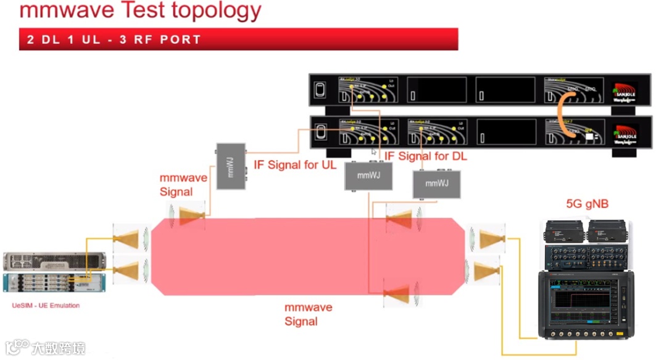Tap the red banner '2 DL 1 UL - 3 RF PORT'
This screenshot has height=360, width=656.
114,40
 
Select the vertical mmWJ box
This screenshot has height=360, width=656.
231,165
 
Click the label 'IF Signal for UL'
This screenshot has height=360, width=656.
296,165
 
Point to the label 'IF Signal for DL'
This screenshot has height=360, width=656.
426,156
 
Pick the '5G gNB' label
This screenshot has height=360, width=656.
586,204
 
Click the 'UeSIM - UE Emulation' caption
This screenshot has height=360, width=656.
46,305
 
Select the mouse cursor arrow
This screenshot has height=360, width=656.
374,152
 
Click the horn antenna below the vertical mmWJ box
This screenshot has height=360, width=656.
191,216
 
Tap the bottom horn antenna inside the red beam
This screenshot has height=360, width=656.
399,293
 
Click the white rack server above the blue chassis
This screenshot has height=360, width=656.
55,261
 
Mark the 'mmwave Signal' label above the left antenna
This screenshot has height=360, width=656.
183,185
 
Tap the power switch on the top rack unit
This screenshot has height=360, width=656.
320,90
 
